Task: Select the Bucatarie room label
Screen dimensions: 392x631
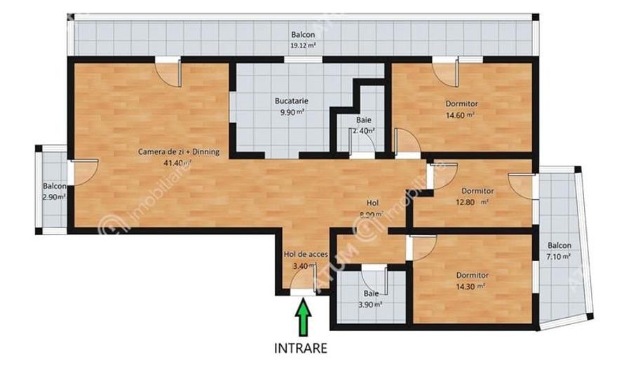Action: click(291, 100)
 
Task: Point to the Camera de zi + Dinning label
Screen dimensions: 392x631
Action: click(179, 151)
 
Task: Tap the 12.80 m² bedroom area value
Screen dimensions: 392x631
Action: click(477, 202)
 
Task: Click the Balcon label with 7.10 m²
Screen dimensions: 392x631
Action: click(559, 246)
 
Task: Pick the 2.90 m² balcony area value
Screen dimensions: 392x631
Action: click(54, 197)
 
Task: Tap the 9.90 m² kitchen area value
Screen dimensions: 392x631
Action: click(291, 111)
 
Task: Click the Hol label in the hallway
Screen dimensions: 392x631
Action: click(372, 204)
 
